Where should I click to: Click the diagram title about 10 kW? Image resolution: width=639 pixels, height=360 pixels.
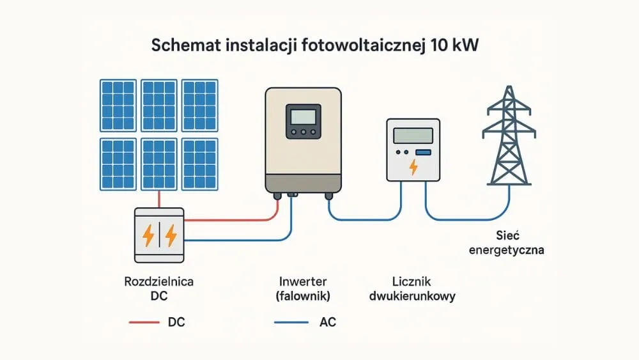319,47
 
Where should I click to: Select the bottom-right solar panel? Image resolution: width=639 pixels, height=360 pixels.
200,164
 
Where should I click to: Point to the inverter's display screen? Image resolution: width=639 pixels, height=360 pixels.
302,116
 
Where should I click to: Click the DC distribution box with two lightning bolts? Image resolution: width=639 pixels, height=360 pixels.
159,235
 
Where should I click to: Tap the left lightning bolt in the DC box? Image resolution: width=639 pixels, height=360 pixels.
148,235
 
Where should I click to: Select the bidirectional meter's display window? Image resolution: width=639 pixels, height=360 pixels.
413,135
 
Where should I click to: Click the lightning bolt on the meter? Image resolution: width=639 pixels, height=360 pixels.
413,167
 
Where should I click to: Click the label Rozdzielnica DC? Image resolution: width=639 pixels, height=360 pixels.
159,288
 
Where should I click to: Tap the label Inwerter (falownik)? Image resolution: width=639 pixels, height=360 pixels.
302,288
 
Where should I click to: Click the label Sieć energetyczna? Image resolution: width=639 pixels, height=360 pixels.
506,242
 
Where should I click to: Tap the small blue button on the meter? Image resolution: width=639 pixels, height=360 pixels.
422,152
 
